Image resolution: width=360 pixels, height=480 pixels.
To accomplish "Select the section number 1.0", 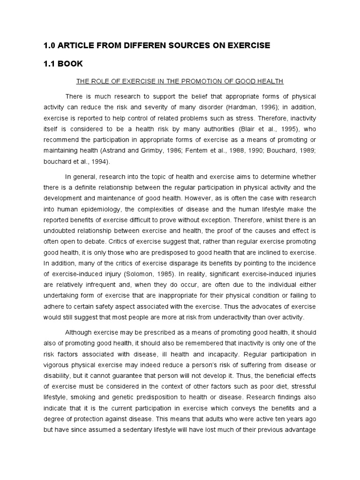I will coord(50,45).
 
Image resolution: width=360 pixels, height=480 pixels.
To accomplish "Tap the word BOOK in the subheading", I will coord(71,63).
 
